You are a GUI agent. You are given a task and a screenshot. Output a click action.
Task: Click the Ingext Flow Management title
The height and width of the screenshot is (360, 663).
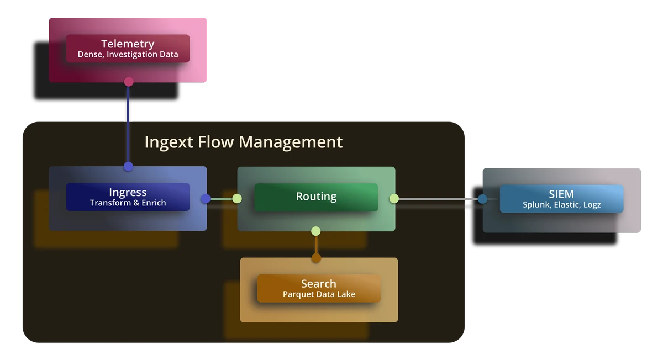click(x=243, y=142)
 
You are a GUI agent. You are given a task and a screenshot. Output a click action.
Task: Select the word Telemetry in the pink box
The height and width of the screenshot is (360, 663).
click(x=128, y=44)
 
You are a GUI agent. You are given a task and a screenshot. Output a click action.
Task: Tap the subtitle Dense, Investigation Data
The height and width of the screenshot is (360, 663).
click(x=128, y=55)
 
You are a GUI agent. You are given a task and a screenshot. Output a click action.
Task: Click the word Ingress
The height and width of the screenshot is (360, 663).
click(x=128, y=192)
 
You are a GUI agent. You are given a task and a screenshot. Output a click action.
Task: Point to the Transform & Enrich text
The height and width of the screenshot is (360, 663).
click(x=128, y=203)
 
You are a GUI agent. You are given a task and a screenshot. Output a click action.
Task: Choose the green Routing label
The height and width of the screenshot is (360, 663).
click(x=316, y=196)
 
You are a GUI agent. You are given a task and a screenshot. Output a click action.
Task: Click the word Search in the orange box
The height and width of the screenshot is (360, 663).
click(x=318, y=283)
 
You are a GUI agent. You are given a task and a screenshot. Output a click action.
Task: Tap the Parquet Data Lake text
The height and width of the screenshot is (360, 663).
click(x=319, y=294)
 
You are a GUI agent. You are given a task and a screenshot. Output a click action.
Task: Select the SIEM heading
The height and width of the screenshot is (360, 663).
click(x=561, y=194)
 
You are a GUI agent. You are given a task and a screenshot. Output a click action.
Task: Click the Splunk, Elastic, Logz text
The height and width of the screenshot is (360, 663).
click(x=561, y=204)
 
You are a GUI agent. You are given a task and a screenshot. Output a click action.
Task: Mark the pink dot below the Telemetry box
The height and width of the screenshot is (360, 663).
click(x=129, y=82)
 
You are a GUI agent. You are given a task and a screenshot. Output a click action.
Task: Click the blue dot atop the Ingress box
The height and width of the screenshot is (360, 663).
click(x=129, y=166)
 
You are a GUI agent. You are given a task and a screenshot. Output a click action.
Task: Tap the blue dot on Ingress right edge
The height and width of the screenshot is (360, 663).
click(x=206, y=199)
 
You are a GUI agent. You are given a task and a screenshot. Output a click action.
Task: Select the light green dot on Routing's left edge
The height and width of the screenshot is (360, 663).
click(x=237, y=199)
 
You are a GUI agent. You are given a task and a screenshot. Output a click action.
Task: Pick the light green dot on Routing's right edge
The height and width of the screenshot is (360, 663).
click(x=394, y=198)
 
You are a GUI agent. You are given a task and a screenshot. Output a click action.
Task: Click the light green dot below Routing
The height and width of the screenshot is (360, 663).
click(x=316, y=231)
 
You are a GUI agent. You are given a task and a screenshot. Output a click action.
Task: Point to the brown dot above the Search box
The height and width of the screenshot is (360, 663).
click(x=316, y=258)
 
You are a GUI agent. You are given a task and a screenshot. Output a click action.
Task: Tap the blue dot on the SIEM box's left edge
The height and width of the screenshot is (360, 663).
click(x=482, y=199)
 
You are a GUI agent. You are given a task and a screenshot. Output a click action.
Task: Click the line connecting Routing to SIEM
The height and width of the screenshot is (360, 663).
click(x=436, y=199)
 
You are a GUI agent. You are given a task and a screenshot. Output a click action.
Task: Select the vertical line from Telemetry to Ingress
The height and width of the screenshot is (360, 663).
click(x=129, y=124)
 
